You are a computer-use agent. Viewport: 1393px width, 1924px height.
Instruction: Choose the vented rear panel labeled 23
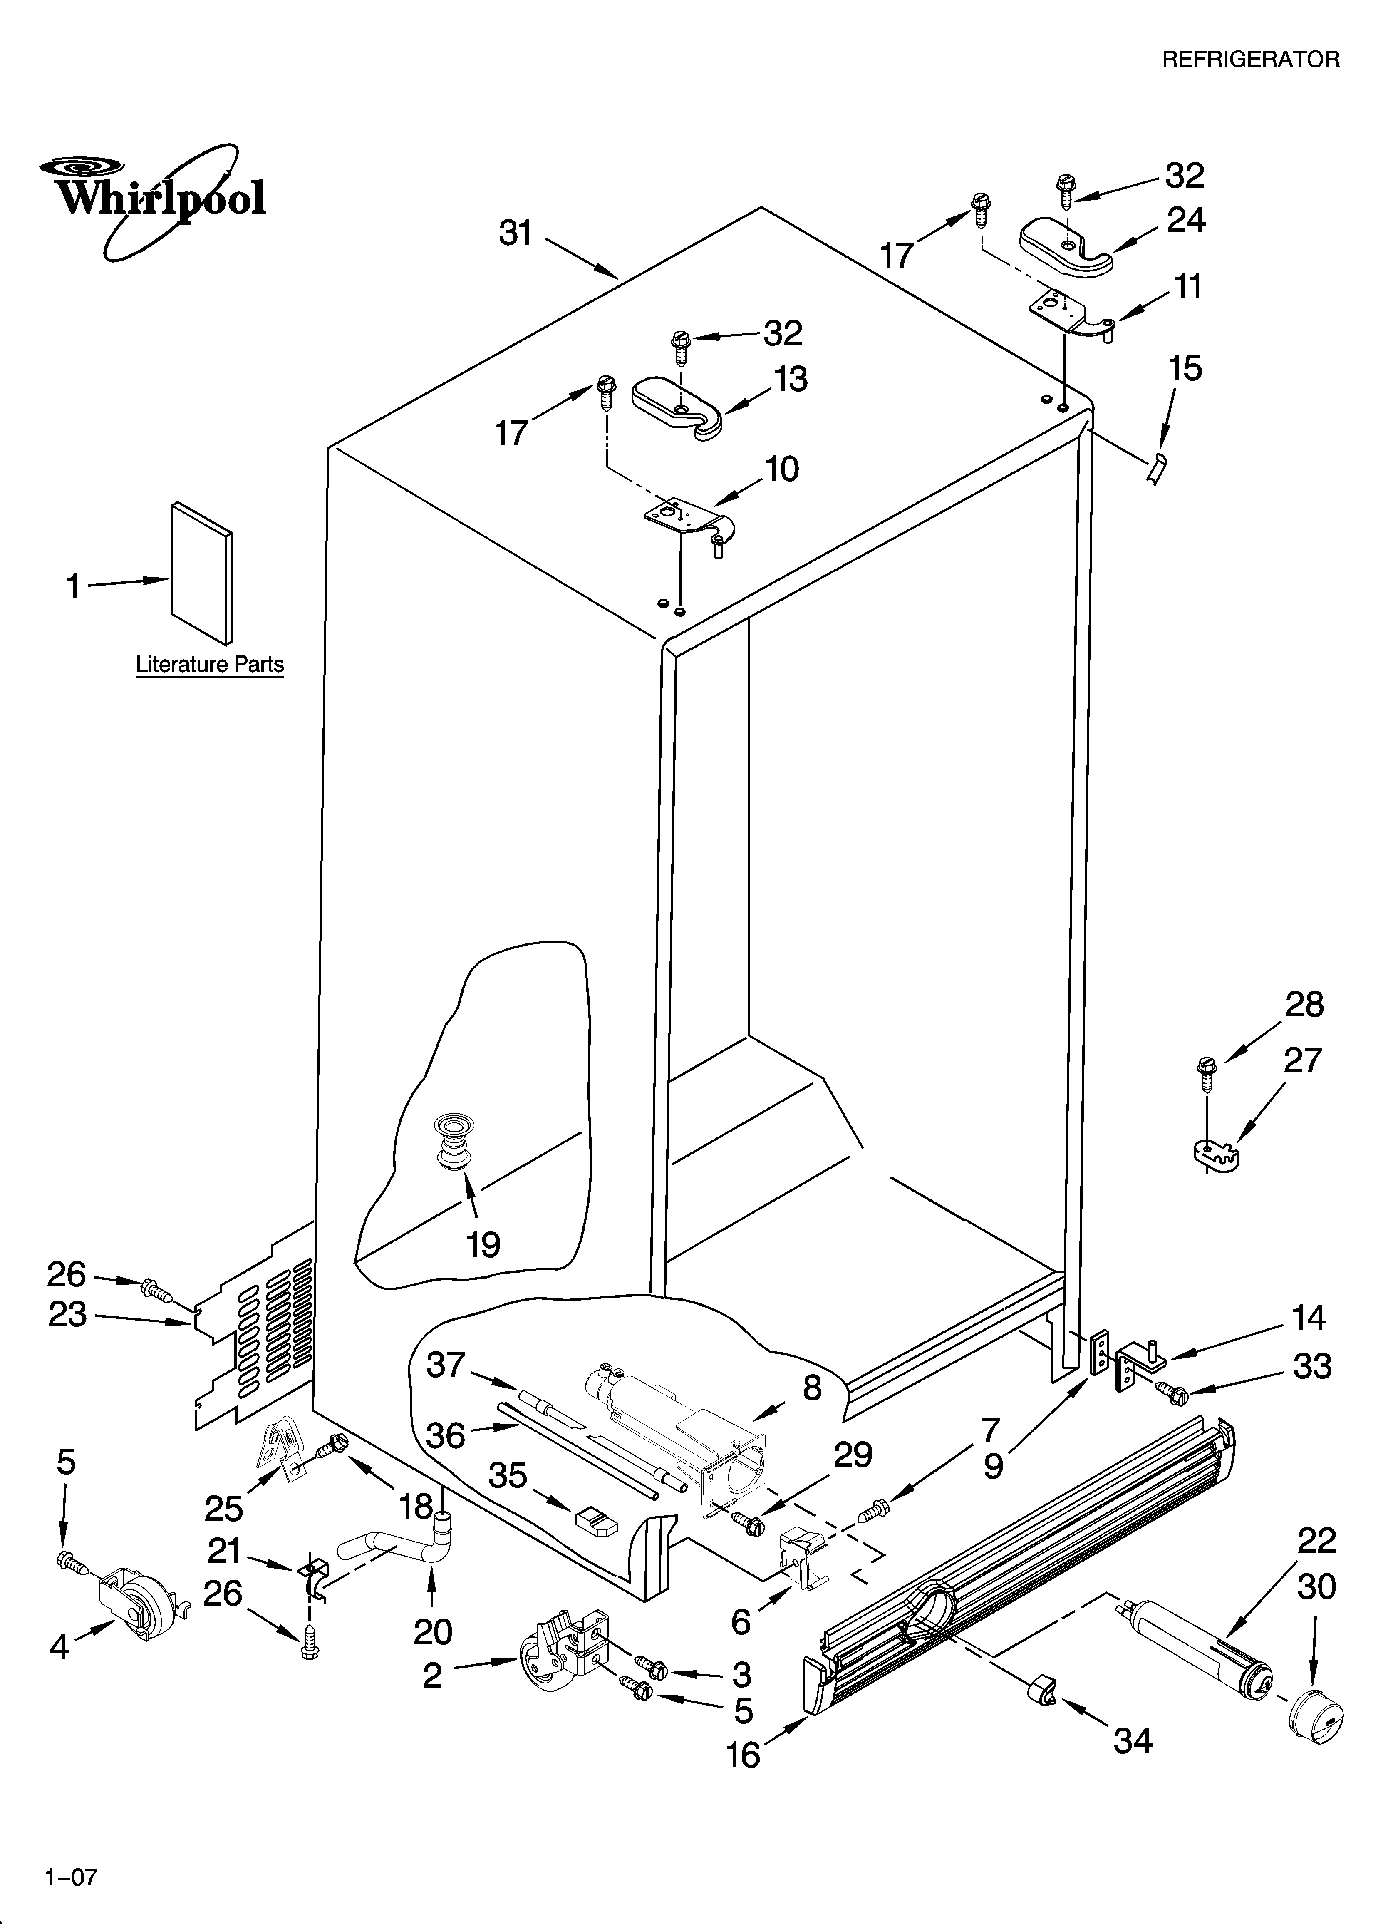[255, 1332]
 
